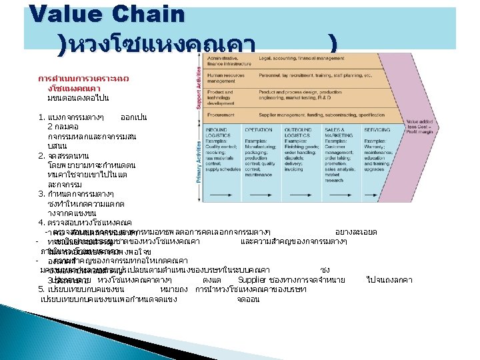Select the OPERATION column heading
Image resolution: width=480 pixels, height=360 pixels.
pyautogui.click(x=258, y=129)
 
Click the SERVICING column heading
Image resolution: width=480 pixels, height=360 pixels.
pyautogui.click(x=377, y=129)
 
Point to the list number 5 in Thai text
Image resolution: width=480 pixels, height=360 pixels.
pyautogui.click(x=41, y=289)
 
